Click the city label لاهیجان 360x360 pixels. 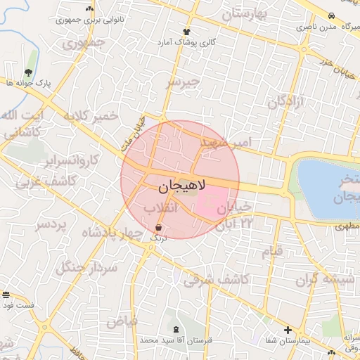[x=179, y=186]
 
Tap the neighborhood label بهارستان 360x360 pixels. [x=247, y=13]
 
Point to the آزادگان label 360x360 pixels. [x=288, y=101]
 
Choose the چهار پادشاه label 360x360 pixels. [x=112, y=233]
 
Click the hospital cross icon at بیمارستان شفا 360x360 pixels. [x=288, y=330]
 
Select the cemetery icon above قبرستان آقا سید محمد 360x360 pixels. [x=175, y=329]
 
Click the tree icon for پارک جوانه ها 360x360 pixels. [x=27, y=72]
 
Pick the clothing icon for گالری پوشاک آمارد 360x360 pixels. [x=186, y=32]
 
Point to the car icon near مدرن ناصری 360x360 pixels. [x=330, y=15]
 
